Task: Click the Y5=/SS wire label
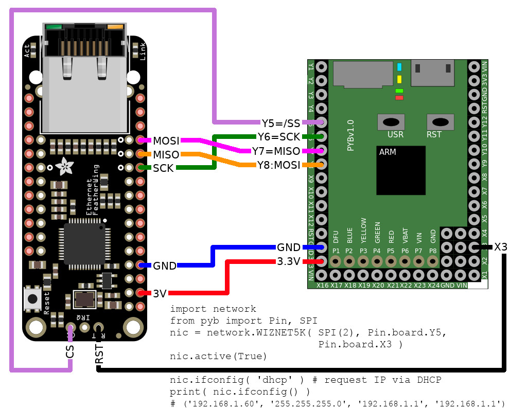pyautogui.click(x=281, y=123)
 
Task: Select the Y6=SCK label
pyautogui.click(x=279, y=137)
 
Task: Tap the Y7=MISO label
pyautogui.click(x=276, y=151)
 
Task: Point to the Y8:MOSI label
pyautogui.click(x=278, y=165)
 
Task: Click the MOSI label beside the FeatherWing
pyautogui.click(x=165, y=140)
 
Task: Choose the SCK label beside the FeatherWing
pyautogui.click(x=163, y=168)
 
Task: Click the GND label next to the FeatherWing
pyautogui.click(x=165, y=266)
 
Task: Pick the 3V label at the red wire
pyautogui.click(x=159, y=294)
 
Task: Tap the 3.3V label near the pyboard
pyautogui.click(x=288, y=261)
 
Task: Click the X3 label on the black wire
pyautogui.click(x=500, y=247)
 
